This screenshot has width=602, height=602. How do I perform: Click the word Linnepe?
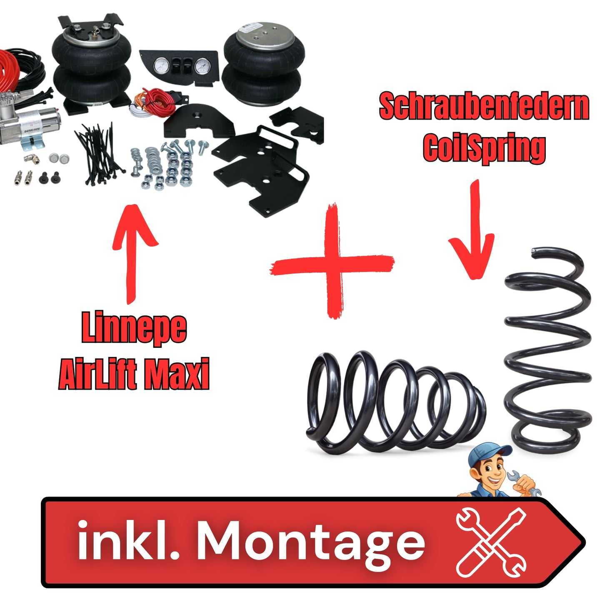click(x=134, y=328)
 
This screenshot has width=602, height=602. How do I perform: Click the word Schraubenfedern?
click(x=484, y=107)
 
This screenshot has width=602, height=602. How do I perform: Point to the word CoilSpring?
click(x=484, y=148)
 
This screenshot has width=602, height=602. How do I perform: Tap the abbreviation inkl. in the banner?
click(x=128, y=542)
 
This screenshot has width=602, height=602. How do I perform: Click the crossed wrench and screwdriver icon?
click(x=490, y=541)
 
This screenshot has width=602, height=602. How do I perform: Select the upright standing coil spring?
click(x=547, y=350)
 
